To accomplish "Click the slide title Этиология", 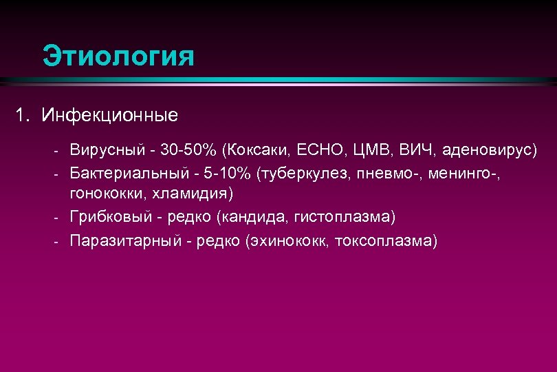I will pyautogui.click(x=118, y=56).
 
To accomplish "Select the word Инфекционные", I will pyautogui.click(x=109, y=114).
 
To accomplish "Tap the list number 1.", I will pyautogui.click(x=21, y=114).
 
